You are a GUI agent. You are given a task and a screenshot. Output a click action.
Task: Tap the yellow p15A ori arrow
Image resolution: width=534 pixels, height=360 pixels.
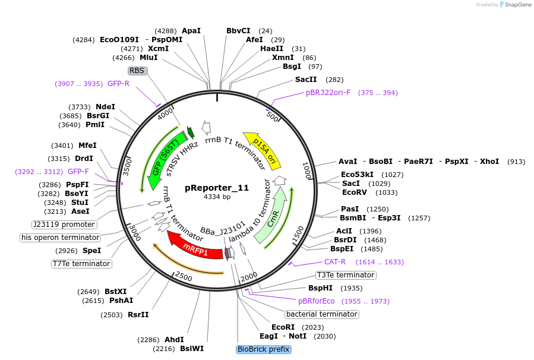click(x=262, y=149)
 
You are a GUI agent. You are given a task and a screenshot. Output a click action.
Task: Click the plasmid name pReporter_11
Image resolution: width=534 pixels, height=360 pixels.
click(x=217, y=187)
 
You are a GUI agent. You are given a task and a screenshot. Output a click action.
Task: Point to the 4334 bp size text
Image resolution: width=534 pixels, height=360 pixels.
click(x=217, y=197)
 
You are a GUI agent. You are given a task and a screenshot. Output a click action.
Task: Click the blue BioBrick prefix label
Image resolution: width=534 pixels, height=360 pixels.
click(x=263, y=349)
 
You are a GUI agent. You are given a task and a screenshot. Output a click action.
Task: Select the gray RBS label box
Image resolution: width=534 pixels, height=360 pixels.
click(x=137, y=71)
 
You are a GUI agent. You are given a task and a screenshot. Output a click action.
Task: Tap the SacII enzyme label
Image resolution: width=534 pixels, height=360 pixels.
click(x=306, y=79)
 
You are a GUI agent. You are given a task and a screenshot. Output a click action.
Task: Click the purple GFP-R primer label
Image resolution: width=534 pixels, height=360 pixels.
click(x=118, y=84)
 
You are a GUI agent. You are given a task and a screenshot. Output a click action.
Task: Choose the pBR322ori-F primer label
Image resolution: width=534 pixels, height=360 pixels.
click(x=328, y=93)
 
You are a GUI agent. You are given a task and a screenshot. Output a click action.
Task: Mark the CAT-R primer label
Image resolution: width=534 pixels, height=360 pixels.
click(x=334, y=262)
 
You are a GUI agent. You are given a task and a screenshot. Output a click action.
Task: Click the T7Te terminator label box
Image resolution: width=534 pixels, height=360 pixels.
click(x=81, y=264)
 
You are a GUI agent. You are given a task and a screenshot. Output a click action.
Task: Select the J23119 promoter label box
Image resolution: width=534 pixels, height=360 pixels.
click(x=64, y=225)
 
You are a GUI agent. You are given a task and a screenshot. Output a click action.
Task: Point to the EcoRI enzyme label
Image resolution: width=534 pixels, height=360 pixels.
click(x=283, y=327)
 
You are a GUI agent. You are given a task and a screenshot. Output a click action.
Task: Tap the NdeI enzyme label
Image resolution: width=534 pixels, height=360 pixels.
click(x=105, y=107)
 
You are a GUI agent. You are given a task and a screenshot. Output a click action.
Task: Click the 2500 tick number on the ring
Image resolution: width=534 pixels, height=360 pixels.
click(x=184, y=277)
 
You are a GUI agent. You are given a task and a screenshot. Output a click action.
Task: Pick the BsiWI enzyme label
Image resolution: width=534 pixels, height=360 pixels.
click(x=192, y=349)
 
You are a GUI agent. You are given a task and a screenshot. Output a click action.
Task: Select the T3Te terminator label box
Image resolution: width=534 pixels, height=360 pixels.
click(x=346, y=275)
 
